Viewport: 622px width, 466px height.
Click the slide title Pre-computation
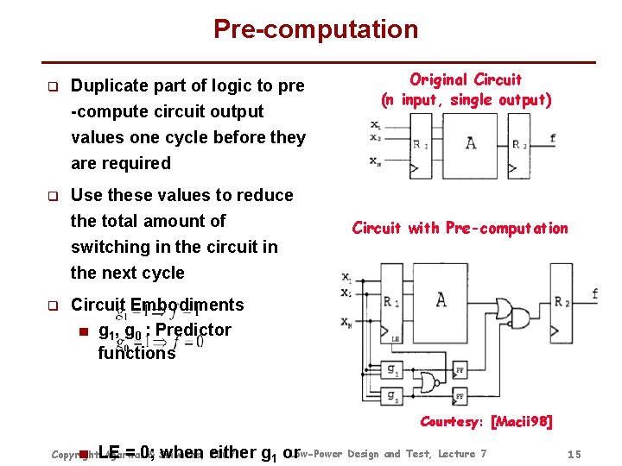point(315,29)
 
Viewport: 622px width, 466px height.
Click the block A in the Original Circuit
point(470,142)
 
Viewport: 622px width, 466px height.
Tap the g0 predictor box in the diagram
point(393,396)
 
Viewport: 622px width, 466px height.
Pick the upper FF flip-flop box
point(460,370)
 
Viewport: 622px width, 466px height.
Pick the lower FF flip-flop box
point(460,396)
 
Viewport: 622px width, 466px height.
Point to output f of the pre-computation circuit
point(595,294)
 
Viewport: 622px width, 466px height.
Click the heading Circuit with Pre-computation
point(460,229)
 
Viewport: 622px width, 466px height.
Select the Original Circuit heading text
point(465,79)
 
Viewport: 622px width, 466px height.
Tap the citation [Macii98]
point(521,422)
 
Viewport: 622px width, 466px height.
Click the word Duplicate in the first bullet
point(110,85)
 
